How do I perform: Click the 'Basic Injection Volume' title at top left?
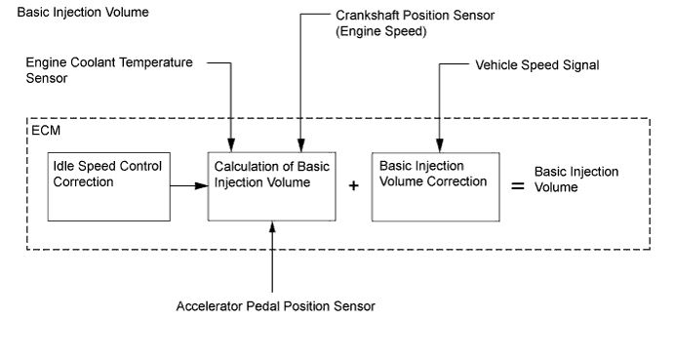click(x=83, y=12)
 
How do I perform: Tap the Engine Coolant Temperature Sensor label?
click(x=109, y=70)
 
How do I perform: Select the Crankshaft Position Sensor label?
click(x=416, y=16)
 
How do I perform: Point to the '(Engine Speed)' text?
click(x=381, y=31)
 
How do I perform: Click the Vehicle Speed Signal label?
click(x=537, y=65)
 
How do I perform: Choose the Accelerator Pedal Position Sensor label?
click(x=275, y=306)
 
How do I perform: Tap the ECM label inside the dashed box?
click(x=46, y=131)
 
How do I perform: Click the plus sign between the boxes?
click(x=353, y=185)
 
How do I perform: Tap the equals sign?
click(x=518, y=186)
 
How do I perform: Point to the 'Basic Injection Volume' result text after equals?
click(x=576, y=180)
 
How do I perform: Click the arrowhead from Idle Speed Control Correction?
click(x=202, y=185)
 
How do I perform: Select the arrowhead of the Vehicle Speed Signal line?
click(x=439, y=145)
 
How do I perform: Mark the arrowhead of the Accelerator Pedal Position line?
click(x=272, y=227)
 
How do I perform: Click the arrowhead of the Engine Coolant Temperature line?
click(x=231, y=145)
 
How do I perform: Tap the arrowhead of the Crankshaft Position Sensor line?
click(x=300, y=145)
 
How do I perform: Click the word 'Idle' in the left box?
click(x=61, y=166)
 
